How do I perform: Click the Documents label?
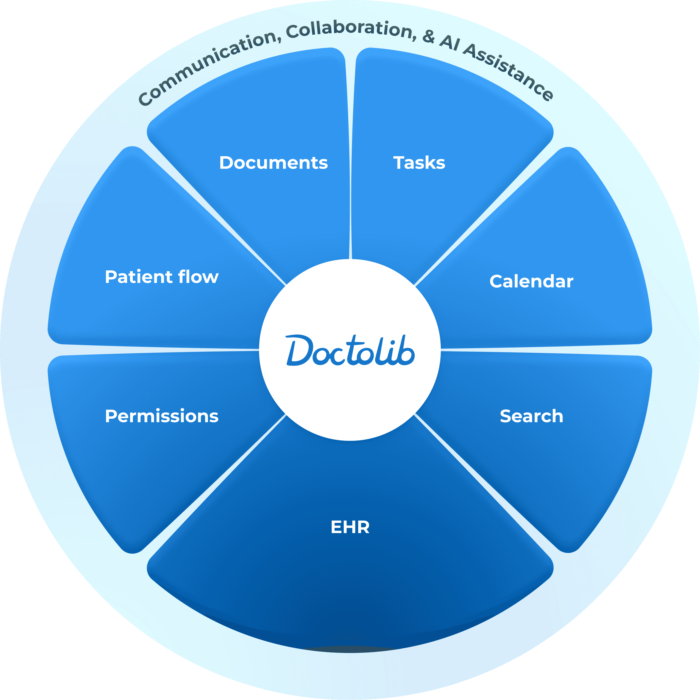pyautogui.click(x=274, y=163)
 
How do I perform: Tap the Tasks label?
pyautogui.click(x=419, y=163)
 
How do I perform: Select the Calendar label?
pyautogui.click(x=531, y=282)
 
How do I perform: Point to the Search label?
pyautogui.click(x=531, y=416)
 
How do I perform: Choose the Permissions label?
pyautogui.click(x=162, y=416)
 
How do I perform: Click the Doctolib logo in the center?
pyautogui.click(x=350, y=350)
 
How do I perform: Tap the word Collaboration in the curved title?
pyautogui.click(x=350, y=31)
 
